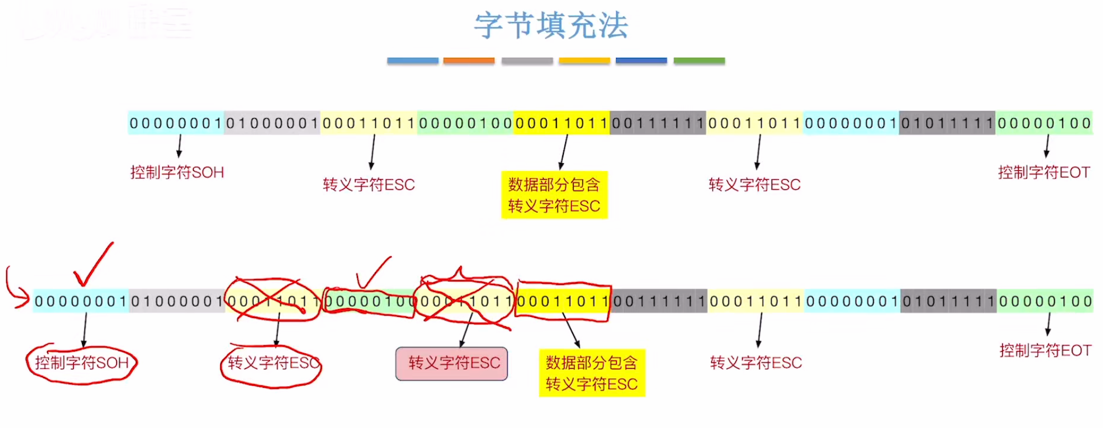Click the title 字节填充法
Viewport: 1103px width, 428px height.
(x=551, y=25)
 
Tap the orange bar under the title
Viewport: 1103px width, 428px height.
(x=469, y=60)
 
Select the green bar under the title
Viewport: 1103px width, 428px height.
(x=699, y=60)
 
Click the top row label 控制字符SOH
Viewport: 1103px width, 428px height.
(x=177, y=173)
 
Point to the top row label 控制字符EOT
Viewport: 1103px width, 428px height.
(x=1044, y=173)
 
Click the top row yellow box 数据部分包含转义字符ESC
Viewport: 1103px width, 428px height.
(x=554, y=195)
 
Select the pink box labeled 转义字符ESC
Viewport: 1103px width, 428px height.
(x=452, y=363)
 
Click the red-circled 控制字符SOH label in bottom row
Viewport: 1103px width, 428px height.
(x=82, y=363)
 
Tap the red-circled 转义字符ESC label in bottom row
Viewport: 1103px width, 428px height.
(x=272, y=363)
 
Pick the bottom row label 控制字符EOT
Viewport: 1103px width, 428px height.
(x=1045, y=351)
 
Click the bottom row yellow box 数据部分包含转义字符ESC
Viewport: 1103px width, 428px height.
(x=592, y=373)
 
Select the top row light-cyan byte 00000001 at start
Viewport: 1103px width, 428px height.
(x=176, y=123)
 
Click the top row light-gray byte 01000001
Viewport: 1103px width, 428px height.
(x=272, y=123)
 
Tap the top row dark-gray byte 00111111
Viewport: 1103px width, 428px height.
(x=658, y=123)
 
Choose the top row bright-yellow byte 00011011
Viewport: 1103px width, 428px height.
(x=562, y=123)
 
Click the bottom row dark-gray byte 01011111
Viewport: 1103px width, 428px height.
(x=949, y=301)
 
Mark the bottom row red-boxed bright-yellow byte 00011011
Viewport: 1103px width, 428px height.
(x=563, y=301)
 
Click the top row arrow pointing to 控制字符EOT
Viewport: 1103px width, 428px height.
(x=1047, y=146)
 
